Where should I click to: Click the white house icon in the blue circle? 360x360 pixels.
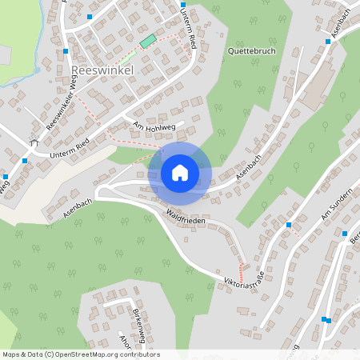pyautogui.click(x=179, y=173)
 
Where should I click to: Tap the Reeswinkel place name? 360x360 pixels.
pyautogui.click(x=102, y=70)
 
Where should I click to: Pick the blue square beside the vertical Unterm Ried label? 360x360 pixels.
pyautogui.click(x=183, y=5)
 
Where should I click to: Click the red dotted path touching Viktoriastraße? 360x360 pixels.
pyautogui.click(x=240, y=271)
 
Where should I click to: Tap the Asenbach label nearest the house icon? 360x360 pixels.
pyautogui.click(x=248, y=164)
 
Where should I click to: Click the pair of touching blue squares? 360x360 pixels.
pyautogui.click(x=326, y=320)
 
